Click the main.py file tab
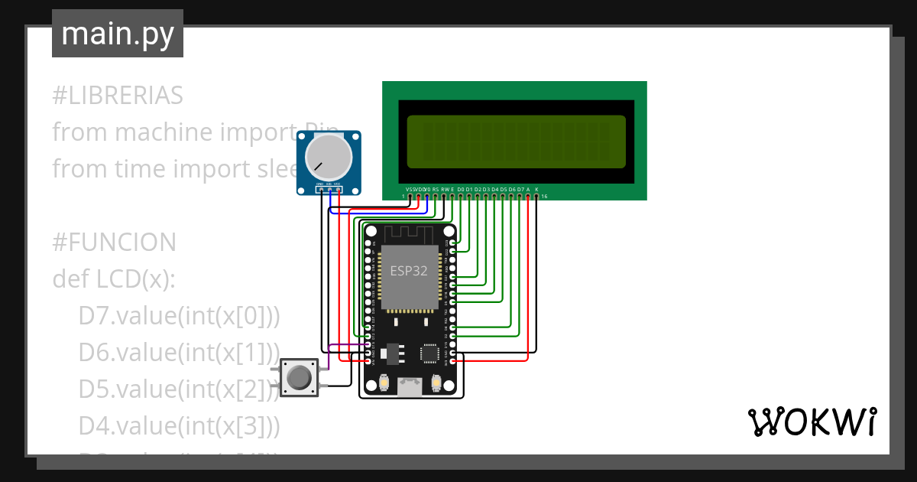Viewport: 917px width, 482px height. pyautogui.click(x=118, y=34)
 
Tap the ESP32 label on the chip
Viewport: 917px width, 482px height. pyautogui.click(x=409, y=271)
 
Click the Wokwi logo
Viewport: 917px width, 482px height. pyautogui.click(x=811, y=422)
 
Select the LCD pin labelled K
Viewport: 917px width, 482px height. pyautogui.click(x=536, y=197)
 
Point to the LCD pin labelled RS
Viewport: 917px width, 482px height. pyautogui.click(x=436, y=197)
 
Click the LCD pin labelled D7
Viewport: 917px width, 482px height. pyautogui.click(x=520, y=197)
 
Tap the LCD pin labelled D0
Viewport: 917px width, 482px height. pyautogui.click(x=461, y=197)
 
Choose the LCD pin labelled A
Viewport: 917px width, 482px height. pyautogui.click(x=528, y=197)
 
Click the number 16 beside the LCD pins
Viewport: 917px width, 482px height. pyautogui.click(x=544, y=197)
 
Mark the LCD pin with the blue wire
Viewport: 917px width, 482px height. pyautogui.click(x=427, y=197)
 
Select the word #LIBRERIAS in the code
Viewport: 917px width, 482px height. pyautogui.click(x=118, y=96)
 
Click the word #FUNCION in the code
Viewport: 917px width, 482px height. pyautogui.click(x=114, y=243)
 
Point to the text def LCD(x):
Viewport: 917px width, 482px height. pyautogui.click(x=114, y=279)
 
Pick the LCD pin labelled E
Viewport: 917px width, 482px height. pyautogui.click(x=452, y=197)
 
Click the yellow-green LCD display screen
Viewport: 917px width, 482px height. pyautogui.click(x=516, y=142)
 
